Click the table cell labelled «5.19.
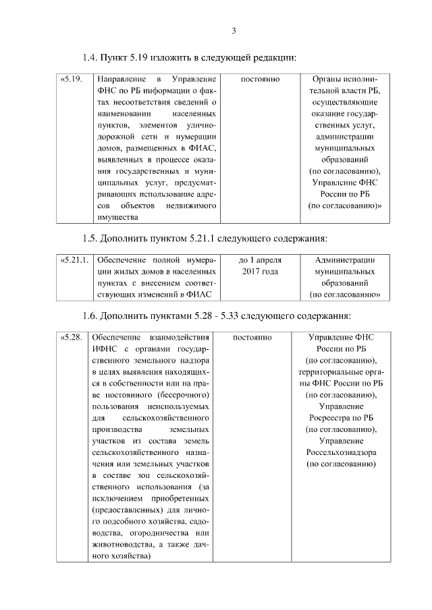point(72,80)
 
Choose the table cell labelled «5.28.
point(72,337)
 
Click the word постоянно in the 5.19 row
point(260,80)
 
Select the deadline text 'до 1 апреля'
point(260,260)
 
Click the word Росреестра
point(333,417)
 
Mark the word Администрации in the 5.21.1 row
point(345,260)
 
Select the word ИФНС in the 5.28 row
point(105,348)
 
